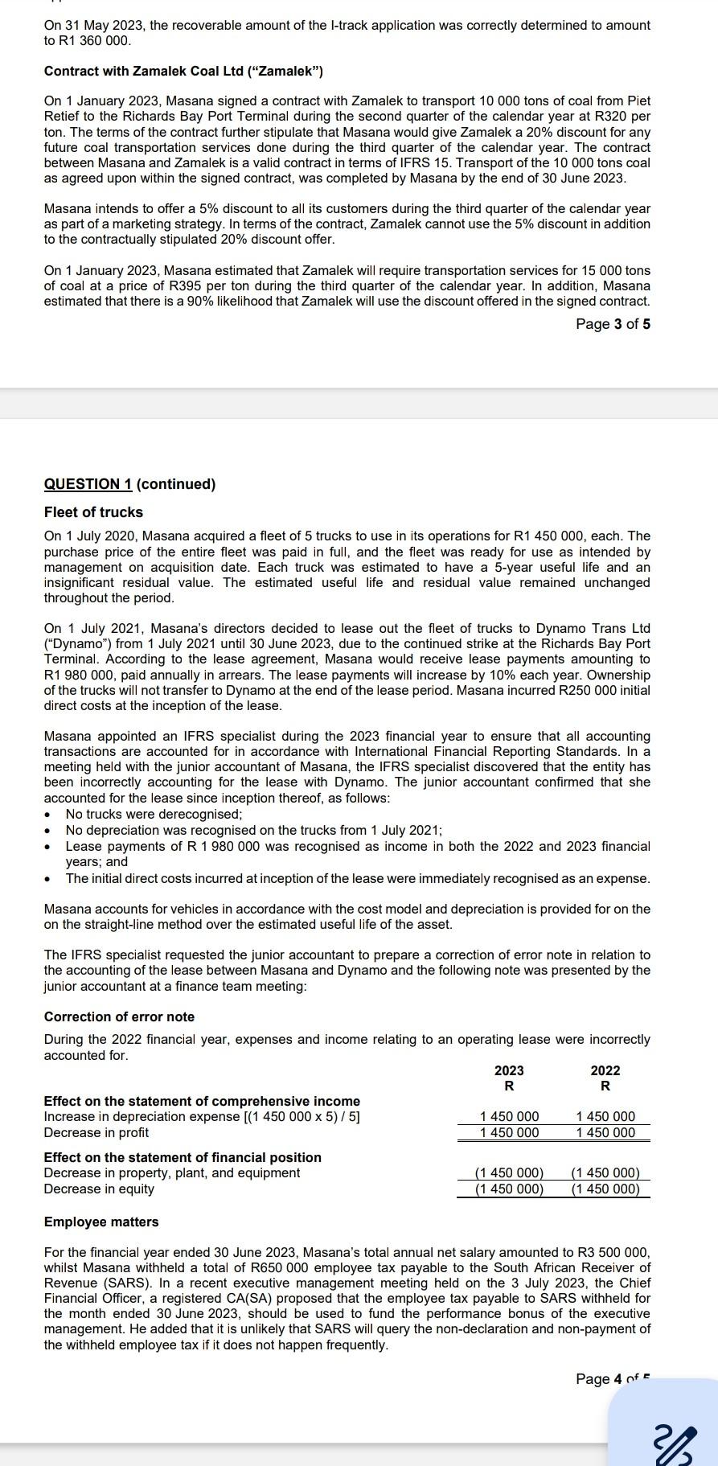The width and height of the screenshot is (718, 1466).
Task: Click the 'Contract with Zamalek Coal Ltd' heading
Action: click(x=183, y=72)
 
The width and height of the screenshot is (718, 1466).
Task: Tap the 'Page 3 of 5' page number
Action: click(x=613, y=324)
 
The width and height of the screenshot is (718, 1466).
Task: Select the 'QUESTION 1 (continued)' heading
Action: click(x=129, y=484)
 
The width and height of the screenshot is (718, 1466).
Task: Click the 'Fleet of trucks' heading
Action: click(x=93, y=512)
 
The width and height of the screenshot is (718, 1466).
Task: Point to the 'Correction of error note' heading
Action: click(x=119, y=1016)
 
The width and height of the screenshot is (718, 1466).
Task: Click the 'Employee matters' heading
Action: click(x=101, y=1222)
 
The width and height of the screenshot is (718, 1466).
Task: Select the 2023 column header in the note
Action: click(x=509, y=1070)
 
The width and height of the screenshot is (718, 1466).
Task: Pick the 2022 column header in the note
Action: click(x=605, y=1070)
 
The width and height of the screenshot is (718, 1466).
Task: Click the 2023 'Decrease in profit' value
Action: click(x=509, y=1132)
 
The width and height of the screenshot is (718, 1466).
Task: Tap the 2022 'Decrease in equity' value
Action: click(x=605, y=1189)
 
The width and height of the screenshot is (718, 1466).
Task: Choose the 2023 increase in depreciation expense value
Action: click(x=509, y=1116)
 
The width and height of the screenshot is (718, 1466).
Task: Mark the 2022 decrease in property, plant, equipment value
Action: click(x=605, y=1172)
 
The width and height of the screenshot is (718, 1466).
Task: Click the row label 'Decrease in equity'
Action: click(x=99, y=1189)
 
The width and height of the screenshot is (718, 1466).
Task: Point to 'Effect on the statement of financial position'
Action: click(x=183, y=1157)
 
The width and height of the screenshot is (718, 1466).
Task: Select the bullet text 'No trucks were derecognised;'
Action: click(x=154, y=814)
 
